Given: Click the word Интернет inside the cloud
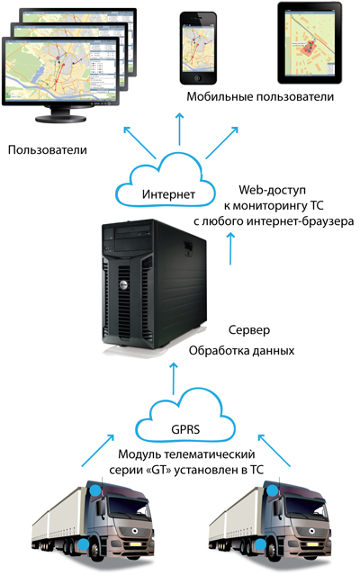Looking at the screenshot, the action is tap(168, 194).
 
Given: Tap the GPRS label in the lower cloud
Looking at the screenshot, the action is tap(185, 429).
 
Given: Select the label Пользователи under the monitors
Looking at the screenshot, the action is tap(48, 149).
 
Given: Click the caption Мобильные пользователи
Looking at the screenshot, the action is tap(260, 96).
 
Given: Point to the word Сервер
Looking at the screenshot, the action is tap(249, 329).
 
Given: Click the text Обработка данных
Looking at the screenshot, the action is tap(241, 351).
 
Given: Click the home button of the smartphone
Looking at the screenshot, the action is tap(198, 77).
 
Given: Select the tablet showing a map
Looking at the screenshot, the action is tap(310, 42).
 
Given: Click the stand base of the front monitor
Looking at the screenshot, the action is tap(60, 119).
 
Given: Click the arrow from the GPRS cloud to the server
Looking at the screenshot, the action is tap(174, 379).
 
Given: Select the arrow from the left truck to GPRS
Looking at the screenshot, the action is tap(97, 451).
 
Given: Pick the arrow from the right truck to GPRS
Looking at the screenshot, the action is tap(274, 450).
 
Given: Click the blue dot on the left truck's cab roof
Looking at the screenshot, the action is tap(95, 490).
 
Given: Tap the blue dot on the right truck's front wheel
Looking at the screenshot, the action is tap(261, 544).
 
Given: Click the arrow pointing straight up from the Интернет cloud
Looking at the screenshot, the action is tap(180, 129).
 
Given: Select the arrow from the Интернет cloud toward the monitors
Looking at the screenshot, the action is tap(139, 143).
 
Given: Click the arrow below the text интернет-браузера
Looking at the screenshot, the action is tap(230, 247).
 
